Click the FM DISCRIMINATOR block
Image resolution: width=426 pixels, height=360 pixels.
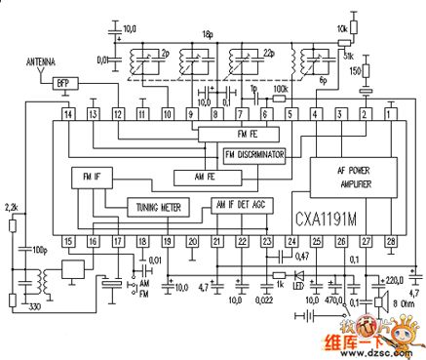point(254,155)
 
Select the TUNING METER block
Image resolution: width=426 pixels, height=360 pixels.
point(160,207)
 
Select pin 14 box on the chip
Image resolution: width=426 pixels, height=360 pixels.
point(67,114)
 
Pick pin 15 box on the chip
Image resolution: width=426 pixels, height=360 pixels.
point(67,240)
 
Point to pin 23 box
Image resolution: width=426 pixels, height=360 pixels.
point(266,240)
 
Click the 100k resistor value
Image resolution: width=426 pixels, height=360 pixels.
point(282,87)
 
